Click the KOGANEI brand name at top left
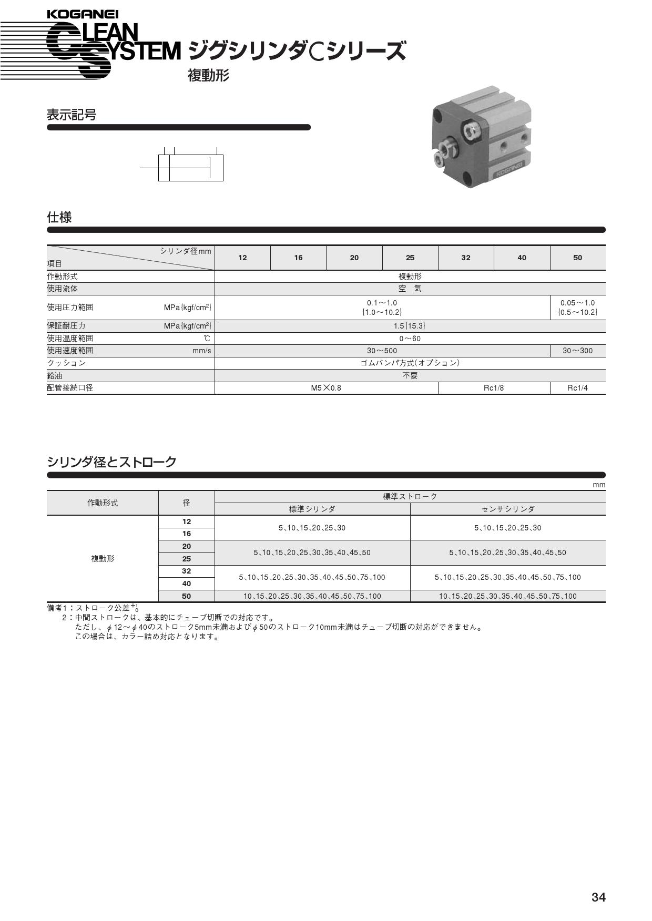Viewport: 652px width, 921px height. pyautogui.click(x=83, y=14)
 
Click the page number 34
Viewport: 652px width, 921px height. pyautogui.click(x=598, y=897)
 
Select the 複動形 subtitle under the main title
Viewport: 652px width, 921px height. pyautogui.click(x=208, y=76)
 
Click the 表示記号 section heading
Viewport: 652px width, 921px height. pyautogui.click(x=72, y=115)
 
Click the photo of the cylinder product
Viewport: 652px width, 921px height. pyautogui.click(x=481, y=137)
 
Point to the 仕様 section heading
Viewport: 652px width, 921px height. pyautogui.click(x=59, y=217)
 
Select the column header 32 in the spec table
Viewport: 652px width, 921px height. pyautogui.click(x=465, y=258)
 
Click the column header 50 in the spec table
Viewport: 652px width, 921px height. pyautogui.click(x=577, y=258)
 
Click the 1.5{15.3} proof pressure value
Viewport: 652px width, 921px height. pyautogui.click(x=410, y=326)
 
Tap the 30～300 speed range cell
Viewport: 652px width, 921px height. pyautogui.click(x=577, y=351)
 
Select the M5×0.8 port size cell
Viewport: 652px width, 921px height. pyautogui.click(x=326, y=388)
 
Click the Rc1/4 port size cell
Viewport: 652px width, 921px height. pyautogui.click(x=577, y=388)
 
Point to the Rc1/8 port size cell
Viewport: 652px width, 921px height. pyautogui.click(x=494, y=388)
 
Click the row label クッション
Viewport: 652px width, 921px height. pyautogui.click(x=66, y=363)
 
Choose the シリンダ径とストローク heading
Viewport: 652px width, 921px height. pyautogui.click(x=111, y=462)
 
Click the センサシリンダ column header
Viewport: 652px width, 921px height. pyautogui.click(x=507, y=509)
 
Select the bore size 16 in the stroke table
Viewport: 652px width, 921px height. pyautogui.click(x=187, y=534)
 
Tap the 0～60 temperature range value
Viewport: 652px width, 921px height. pyautogui.click(x=410, y=339)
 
